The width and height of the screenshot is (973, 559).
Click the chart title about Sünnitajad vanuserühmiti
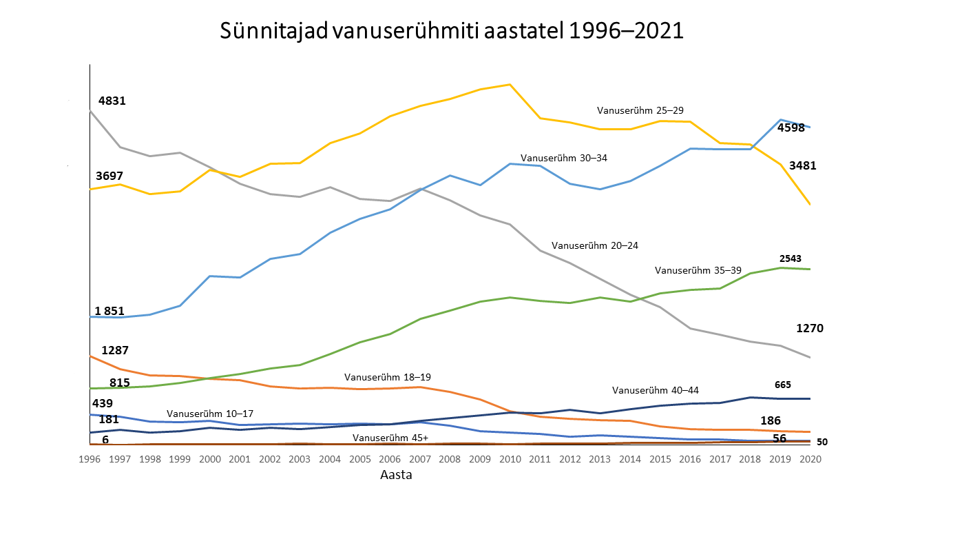coord(451,32)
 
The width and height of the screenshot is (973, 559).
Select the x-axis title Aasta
coord(396,475)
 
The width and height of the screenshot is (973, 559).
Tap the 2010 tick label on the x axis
coord(510,458)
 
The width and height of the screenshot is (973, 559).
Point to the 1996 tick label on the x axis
coord(90,458)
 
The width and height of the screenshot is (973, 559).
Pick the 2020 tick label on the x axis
coord(810,458)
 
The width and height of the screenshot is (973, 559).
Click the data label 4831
coord(112,101)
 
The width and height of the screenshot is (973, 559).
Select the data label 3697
coord(109,176)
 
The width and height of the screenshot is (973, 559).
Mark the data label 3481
coord(803,165)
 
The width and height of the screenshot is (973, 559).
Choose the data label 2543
coord(790,258)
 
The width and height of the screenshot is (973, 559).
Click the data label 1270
coord(810,328)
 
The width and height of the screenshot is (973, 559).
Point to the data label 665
coord(783,385)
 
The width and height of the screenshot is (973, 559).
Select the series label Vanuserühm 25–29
coord(640,110)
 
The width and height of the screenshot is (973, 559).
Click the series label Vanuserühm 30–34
coord(564,158)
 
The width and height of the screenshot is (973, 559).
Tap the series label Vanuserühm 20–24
coord(595,245)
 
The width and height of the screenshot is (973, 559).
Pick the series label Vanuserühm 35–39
coord(698,270)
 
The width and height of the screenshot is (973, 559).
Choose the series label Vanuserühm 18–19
coord(388,377)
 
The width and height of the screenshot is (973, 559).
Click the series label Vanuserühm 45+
coord(390,438)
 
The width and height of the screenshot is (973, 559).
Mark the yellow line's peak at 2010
coord(510,84)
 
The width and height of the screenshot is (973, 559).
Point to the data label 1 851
coord(109,311)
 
